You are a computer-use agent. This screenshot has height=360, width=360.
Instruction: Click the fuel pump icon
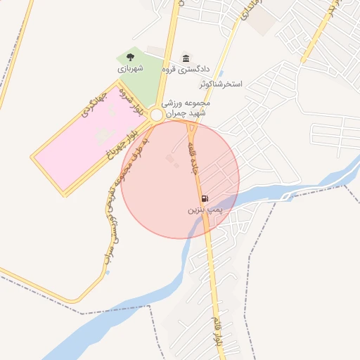[205, 199]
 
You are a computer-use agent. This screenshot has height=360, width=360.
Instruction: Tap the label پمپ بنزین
[205, 210]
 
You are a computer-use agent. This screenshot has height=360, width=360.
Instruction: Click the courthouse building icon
[186, 58]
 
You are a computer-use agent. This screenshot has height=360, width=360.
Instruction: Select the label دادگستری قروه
[186, 70]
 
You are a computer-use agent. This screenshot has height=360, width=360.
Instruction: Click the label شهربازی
[130, 69]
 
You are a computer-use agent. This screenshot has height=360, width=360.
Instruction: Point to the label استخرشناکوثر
[220, 84]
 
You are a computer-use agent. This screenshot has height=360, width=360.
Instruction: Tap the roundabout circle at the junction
[157, 113]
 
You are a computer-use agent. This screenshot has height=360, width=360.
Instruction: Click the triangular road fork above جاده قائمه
[191, 129]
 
